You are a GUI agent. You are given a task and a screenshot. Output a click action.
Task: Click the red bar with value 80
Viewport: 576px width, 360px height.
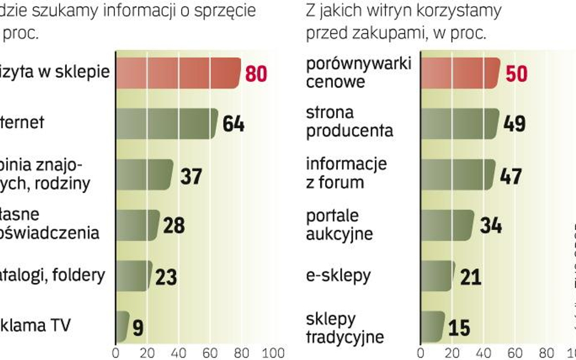coord(177,73)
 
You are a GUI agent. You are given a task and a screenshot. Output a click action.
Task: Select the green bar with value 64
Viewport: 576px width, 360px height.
coord(166,124)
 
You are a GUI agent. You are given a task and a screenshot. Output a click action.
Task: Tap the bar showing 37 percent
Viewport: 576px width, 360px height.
coord(144,175)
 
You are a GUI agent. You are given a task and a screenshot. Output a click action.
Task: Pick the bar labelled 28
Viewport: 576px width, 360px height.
coord(137,225)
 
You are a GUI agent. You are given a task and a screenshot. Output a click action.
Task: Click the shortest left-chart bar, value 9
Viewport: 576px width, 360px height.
coord(122,327)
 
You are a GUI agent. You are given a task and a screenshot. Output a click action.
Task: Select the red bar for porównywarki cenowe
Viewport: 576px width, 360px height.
coord(460,73)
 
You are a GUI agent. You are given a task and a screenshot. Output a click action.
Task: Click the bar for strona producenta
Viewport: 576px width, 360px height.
coord(459,124)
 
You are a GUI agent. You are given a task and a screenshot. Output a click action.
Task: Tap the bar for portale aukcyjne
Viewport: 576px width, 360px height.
coord(447,225)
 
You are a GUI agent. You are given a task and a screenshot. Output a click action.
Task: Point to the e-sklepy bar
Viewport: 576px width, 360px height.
coord(437,276)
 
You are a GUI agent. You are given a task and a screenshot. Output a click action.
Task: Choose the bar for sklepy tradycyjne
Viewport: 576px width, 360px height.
coord(433,327)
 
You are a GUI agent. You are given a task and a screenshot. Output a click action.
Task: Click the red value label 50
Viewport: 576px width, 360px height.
coord(516,74)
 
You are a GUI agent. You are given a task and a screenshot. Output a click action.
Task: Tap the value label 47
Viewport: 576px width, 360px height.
coord(512,176)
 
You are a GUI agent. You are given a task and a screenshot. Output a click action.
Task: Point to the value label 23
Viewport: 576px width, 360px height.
coord(165,277)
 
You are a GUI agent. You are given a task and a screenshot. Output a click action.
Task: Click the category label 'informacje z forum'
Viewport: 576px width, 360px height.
coord(346,172)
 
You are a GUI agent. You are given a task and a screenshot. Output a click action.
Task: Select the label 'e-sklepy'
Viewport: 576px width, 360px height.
coord(338,275)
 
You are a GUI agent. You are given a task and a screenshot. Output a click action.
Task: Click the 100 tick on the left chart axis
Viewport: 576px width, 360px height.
coord(273,353)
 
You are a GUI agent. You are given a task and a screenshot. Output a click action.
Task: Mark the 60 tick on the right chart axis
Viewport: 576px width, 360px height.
coord(515,353)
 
